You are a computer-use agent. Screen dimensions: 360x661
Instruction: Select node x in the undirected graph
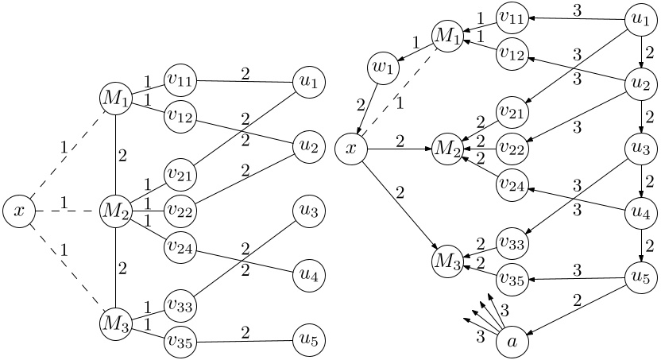(18, 211)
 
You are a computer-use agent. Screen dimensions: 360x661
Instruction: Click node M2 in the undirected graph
(116, 211)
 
